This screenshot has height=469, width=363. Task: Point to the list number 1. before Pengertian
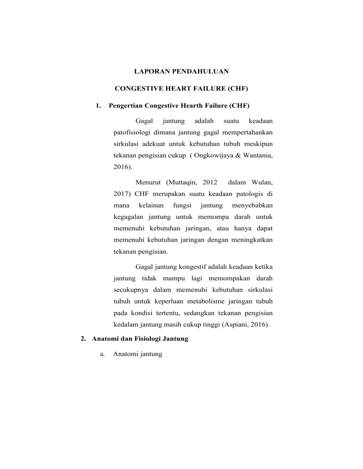(98, 105)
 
